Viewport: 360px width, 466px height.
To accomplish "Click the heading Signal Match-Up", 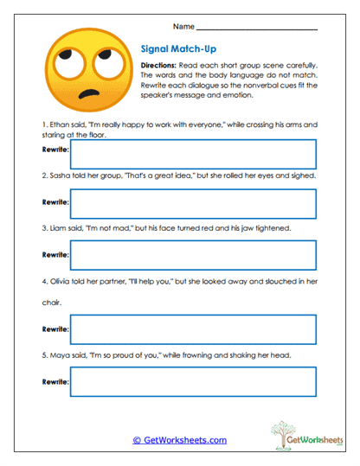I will click(178, 50).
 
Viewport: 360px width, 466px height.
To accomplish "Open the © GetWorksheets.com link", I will click(179, 440).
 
